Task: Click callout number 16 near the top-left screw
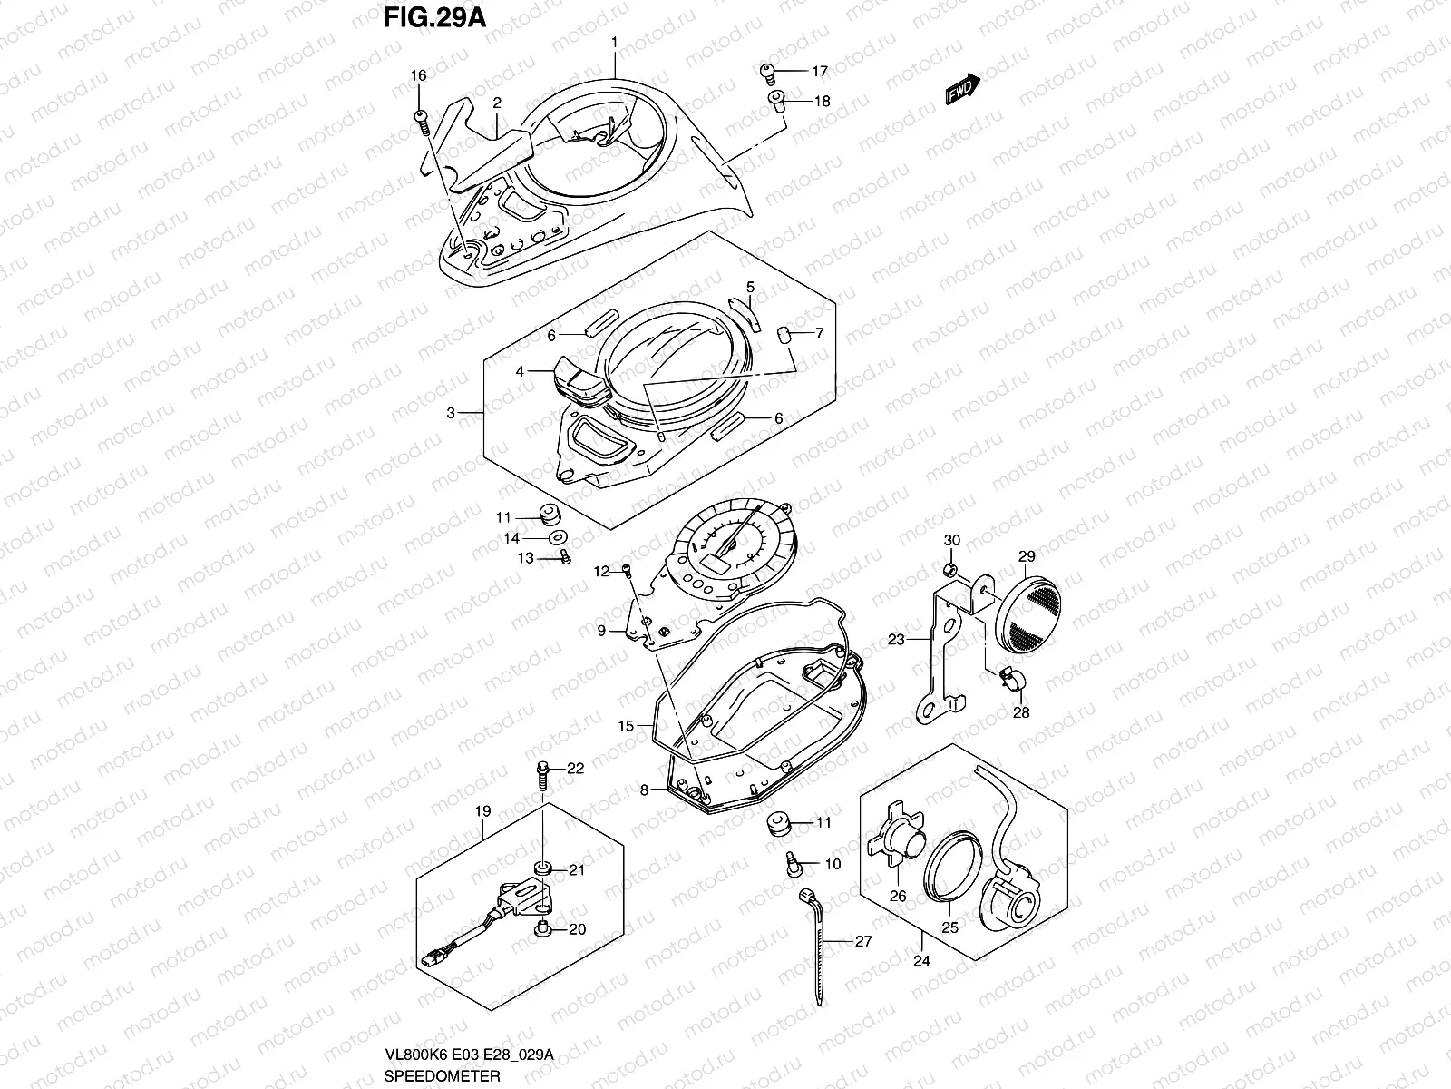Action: click(x=417, y=76)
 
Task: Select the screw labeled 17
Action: click(x=767, y=70)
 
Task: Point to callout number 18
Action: click(x=822, y=102)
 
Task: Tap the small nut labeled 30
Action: click(x=950, y=570)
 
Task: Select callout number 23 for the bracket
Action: click(x=896, y=640)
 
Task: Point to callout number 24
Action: click(x=921, y=961)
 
